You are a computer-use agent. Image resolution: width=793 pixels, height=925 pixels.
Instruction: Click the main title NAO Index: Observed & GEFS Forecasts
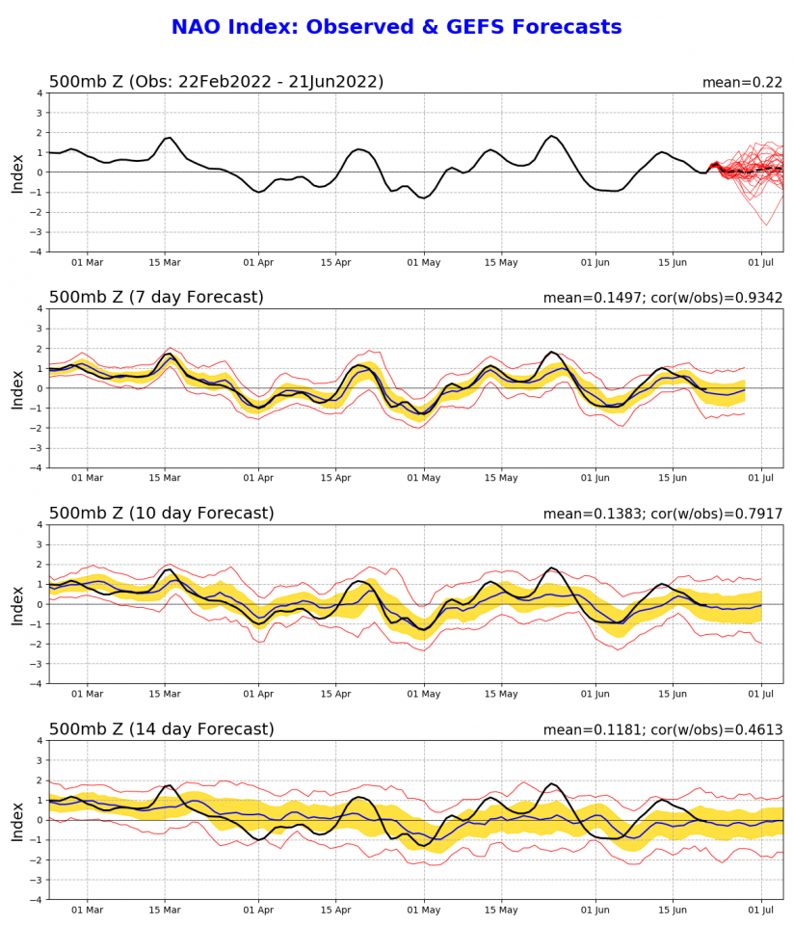(396, 27)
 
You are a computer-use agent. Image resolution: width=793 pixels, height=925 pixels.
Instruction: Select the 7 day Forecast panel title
(156, 298)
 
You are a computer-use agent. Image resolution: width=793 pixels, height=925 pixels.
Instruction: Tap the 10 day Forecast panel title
(161, 514)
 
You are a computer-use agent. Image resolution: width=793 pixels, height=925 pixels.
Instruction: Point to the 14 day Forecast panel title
(161, 729)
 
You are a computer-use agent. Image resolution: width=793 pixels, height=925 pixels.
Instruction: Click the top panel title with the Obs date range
(216, 82)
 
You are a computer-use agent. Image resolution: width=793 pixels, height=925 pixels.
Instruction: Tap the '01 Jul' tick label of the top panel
(761, 261)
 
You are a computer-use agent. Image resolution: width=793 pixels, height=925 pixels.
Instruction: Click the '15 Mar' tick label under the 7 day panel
(165, 477)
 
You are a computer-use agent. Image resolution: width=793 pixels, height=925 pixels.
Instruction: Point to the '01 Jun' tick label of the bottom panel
(595, 909)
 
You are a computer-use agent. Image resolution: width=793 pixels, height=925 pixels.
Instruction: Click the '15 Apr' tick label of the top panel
(335, 261)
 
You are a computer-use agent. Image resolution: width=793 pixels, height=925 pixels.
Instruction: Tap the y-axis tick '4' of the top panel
(40, 93)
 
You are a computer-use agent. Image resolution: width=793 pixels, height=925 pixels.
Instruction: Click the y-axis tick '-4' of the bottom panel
(37, 899)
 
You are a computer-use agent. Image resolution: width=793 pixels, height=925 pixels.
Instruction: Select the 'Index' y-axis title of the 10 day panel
(17, 604)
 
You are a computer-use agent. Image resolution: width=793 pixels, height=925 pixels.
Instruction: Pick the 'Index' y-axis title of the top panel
(17, 172)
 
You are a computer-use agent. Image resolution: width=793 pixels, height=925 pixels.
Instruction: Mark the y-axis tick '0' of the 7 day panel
(40, 388)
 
